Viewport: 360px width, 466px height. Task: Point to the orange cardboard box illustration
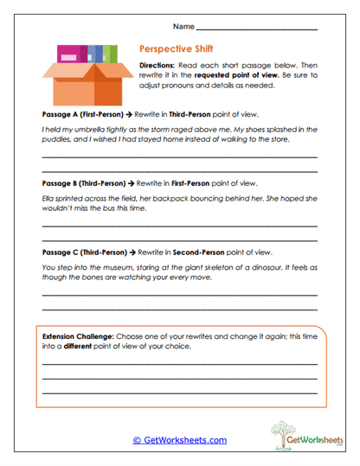[x=83, y=75]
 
